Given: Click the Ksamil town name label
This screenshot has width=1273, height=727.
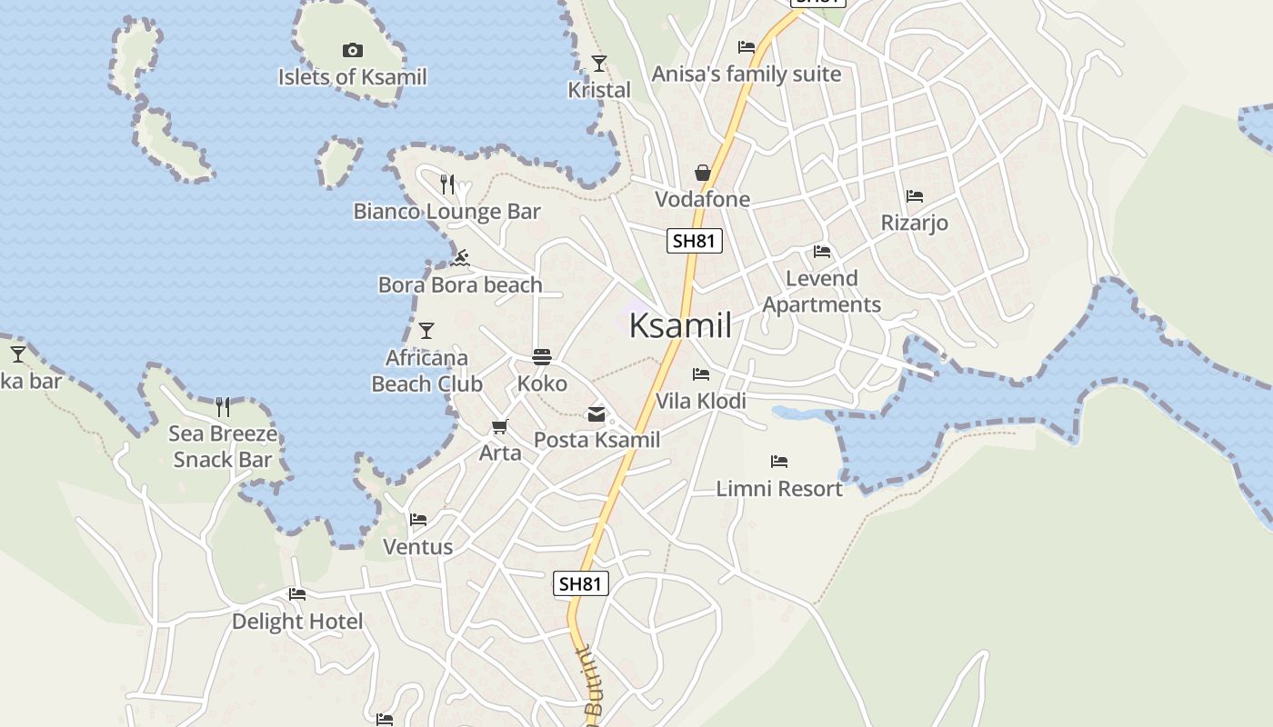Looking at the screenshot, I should [680, 325].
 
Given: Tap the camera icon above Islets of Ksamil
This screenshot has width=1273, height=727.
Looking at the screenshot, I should [352, 50].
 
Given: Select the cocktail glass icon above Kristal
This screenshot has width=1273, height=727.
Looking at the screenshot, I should [598, 63].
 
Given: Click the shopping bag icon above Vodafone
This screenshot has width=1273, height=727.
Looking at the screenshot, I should [703, 173].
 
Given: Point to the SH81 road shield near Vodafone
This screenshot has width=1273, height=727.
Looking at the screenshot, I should [695, 241].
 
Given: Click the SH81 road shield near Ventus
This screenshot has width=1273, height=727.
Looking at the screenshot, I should [580, 583].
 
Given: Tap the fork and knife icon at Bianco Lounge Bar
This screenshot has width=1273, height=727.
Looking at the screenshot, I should [446, 184].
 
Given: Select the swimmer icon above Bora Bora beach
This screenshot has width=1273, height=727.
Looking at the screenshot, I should [460, 258].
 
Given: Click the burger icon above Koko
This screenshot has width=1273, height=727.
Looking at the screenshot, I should [542, 356].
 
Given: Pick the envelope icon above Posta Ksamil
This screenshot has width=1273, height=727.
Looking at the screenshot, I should [596, 414].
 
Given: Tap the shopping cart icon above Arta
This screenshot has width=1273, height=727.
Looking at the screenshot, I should [499, 426].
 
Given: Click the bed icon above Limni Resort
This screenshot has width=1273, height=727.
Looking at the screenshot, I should [778, 462].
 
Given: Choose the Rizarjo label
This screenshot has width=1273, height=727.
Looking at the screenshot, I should [914, 223].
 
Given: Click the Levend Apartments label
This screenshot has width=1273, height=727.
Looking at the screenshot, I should [821, 292].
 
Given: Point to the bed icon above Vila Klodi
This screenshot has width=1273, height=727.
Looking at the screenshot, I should [700, 373].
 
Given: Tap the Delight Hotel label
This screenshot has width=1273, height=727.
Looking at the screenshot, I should [297, 622].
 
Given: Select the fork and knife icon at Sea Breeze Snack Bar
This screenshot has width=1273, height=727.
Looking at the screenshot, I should [222, 406].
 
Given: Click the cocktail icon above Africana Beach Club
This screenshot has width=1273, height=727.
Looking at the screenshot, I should [426, 330].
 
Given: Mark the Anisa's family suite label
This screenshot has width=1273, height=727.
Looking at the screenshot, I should [747, 74].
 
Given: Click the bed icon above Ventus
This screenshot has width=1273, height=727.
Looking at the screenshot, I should [418, 520].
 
